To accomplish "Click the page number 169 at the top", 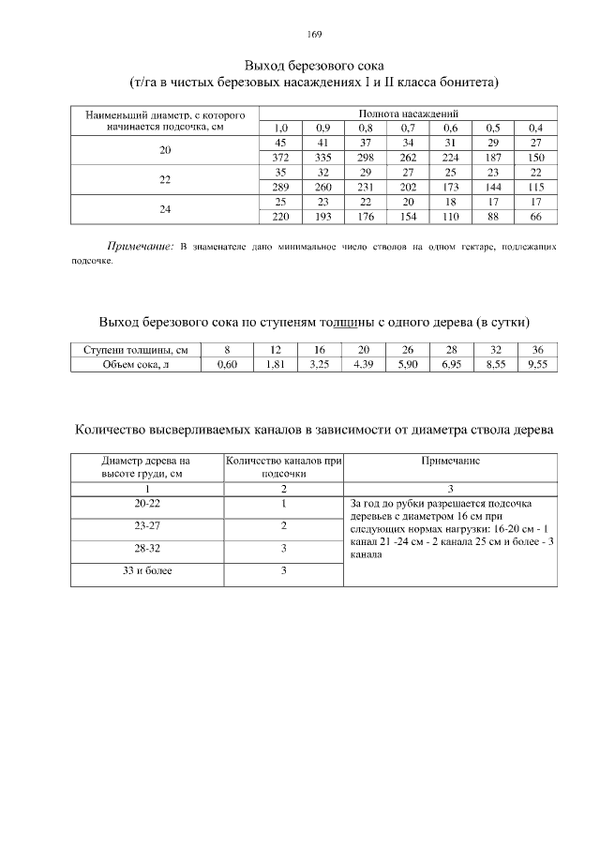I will tap(314, 35).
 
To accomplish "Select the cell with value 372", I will tap(280, 158).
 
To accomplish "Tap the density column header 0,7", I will tap(408, 128).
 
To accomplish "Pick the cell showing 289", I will tap(280, 188).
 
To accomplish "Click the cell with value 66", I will tap(535, 218).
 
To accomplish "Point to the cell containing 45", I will tap(280, 143).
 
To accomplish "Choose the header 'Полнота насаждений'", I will tap(408, 113).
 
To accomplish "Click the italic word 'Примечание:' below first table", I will tap(141, 248).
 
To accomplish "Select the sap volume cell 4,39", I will tap(364, 365).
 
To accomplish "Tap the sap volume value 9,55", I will tap(537, 365).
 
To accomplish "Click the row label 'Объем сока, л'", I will tap(136, 365).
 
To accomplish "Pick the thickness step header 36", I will tap(537, 350).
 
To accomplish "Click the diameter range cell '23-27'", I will tap(146, 525).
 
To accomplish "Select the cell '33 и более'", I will tap(146, 570).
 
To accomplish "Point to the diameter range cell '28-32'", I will tap(146, 548).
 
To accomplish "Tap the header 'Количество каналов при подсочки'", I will tap(283, 467).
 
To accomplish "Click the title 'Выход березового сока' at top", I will tap(314, 67).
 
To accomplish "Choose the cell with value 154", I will tap(408, 218).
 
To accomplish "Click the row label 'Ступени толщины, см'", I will tap(136, 350).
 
